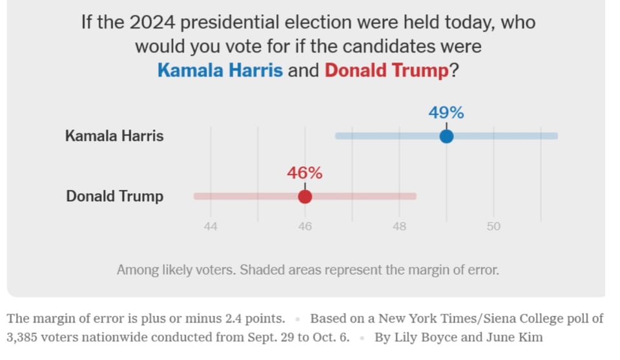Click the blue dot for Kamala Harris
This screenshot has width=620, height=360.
pos(446,136)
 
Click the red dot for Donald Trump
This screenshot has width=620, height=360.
pos(305,196)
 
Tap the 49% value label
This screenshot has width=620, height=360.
pos(446,112)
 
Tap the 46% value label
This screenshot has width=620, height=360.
pos(305,173)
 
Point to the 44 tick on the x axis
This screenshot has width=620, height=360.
pos(211,227)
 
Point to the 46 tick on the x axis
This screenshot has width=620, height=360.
pos(305,227)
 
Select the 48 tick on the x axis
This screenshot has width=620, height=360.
pos(399,227)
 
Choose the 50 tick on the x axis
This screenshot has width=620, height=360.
pos(493,227)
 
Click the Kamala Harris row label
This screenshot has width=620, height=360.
pos(114,136)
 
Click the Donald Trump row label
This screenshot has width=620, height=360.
pos(115,196)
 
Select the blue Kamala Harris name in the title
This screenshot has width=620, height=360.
pos(220,70)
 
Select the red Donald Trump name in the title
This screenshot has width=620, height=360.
pos(386,70)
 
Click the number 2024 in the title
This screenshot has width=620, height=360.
pos(152,23)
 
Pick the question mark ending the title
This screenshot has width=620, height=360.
pos(454,70)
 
